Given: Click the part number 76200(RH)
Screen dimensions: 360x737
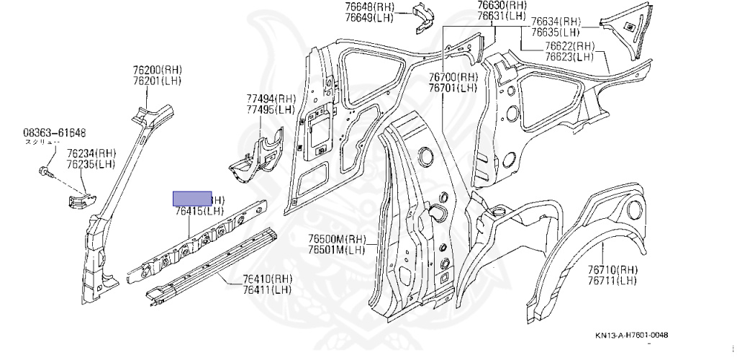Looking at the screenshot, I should click(x=157, y=70).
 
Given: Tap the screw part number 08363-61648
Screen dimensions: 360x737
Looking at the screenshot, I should click(x=55, y=132).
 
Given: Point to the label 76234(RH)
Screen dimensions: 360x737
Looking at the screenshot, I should click(x=91, y=153).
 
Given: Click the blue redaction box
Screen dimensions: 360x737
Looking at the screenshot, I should click(x=191, y=199).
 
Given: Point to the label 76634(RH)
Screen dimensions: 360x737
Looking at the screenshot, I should click(x=556, y=22).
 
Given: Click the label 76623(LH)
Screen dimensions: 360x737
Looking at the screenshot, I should click(x=569, y=57).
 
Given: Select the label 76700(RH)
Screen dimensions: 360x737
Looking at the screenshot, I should click(x=453, y=77).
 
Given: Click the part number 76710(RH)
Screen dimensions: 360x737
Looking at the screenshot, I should click(x=612, y=270).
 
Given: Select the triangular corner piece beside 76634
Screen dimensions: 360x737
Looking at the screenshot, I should click(x=634, y=30).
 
